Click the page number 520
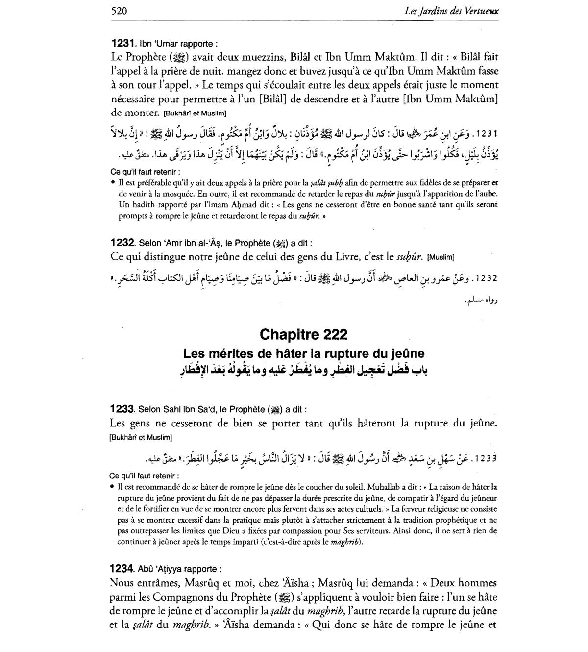click(119, 11)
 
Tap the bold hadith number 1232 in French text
click(122, 243)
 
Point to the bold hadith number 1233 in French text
click(122, 409)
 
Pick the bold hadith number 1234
click(122, 569)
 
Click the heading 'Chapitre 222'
click(304, 335)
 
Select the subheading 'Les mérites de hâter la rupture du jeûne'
click(304, 353)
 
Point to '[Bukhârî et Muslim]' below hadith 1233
click(141, 437)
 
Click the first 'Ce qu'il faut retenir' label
click(145, 172)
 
